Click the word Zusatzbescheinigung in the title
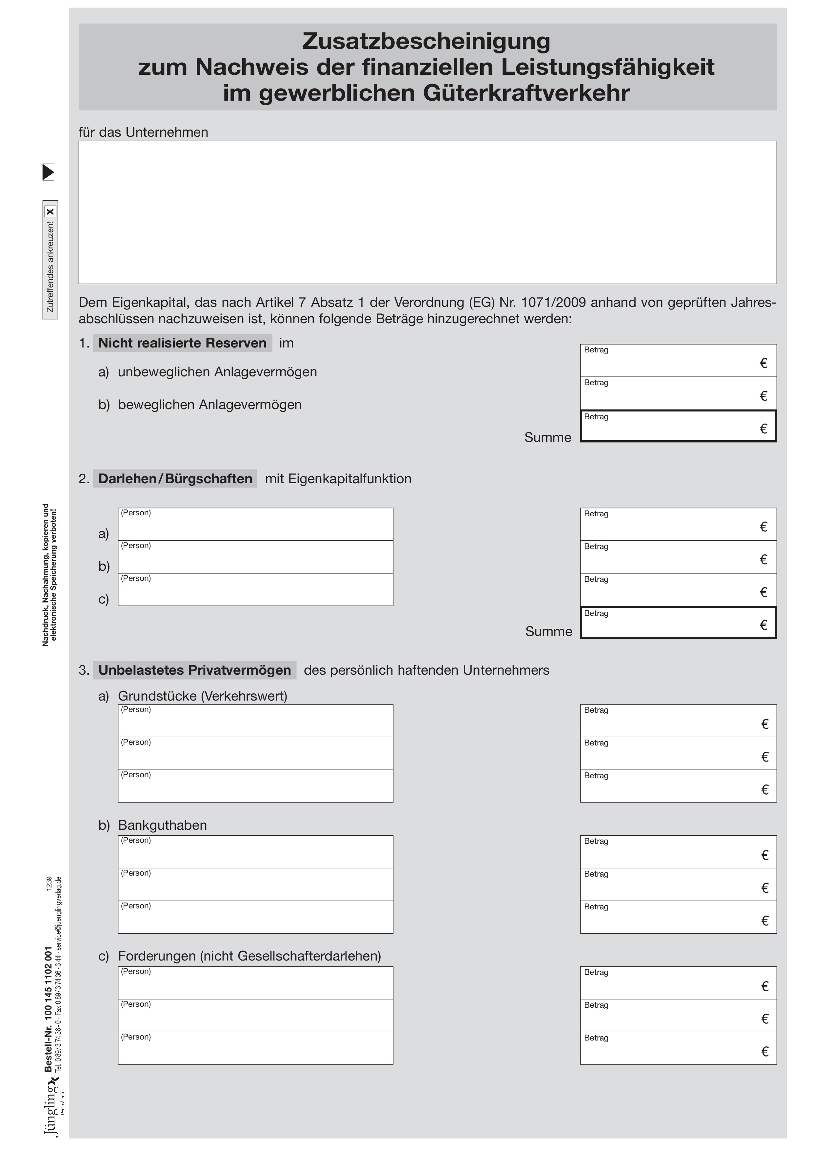coord(426,41)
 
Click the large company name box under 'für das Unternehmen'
coord(427,212)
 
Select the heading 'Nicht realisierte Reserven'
coord(182,343)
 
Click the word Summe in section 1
coord(547,438)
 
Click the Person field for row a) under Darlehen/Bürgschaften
coord(255,525)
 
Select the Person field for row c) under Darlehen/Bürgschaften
coord(255,590)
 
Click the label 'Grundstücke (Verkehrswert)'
coord(202,696)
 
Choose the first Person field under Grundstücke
coord(255,721)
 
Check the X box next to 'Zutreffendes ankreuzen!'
coord(50,211)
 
